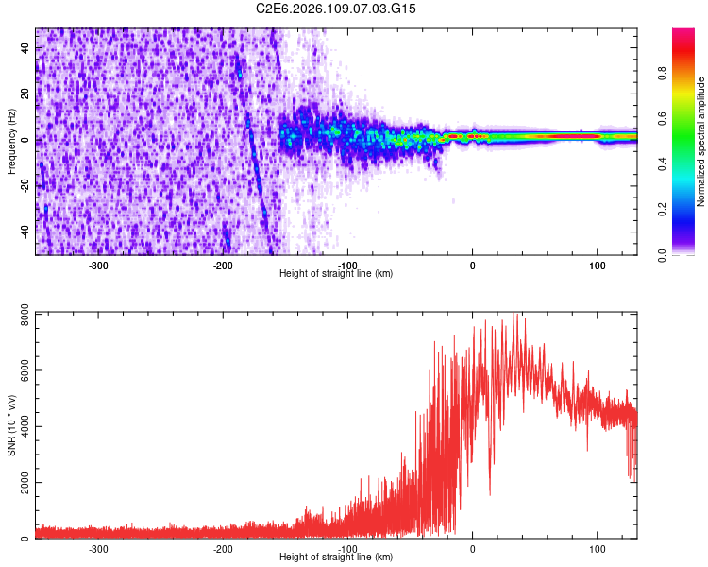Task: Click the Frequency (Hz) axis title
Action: (x=11, y=142)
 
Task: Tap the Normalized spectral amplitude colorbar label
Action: (x=700, y=142)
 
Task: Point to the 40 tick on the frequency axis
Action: (x=25, y=48)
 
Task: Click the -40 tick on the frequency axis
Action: (x=25, y=231)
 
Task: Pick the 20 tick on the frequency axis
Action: (x=25, y=94)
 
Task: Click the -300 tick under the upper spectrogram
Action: (x=99, y=264)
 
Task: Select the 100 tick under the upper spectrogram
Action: (x=597, y=264)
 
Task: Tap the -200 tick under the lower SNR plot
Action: (x=224, y=547)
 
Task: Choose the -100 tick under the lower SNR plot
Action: (x=347, y=547)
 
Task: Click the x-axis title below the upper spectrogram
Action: (x=336, y=273)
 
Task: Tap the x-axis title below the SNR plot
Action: (x=336, y=557)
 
